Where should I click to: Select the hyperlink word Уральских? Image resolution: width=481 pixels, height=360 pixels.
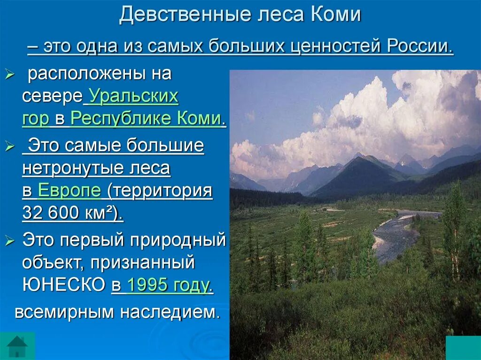tap(133, 97)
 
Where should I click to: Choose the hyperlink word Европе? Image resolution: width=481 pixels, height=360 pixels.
tap(69, 191)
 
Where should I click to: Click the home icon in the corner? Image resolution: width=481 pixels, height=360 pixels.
tap(17, 346)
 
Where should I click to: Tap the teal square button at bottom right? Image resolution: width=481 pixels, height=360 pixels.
tap(462, 347)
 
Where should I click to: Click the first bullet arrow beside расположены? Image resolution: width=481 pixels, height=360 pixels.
tap(10, 74)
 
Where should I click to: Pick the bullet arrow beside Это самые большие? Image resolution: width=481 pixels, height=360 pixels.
tap(10, 146)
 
